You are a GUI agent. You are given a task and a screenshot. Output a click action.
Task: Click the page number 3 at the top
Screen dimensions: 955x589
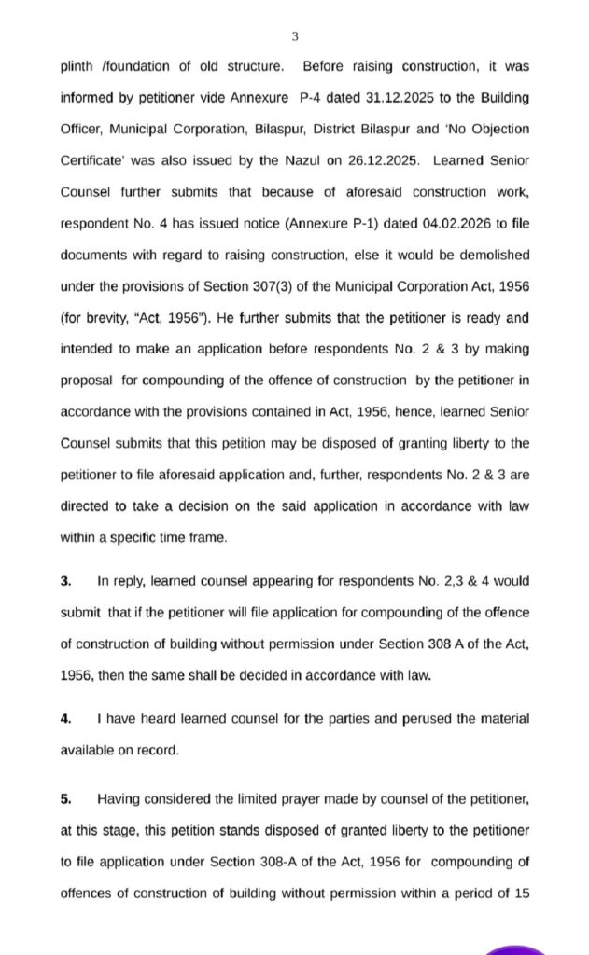(295, 36)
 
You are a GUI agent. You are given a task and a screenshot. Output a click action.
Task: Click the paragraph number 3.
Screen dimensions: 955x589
(65, 580)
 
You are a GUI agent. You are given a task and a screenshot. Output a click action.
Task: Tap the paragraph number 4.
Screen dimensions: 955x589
(65, 718)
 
